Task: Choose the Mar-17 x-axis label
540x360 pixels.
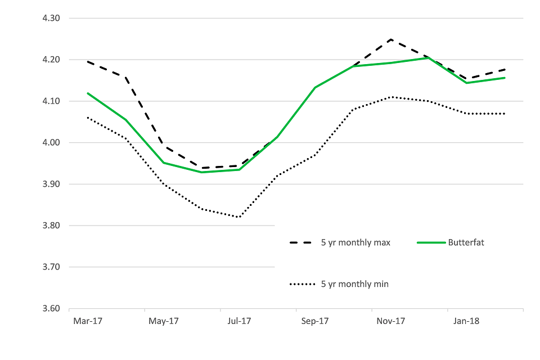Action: point(87,322)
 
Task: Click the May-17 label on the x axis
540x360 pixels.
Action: point(163,322)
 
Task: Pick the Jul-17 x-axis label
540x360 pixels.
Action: point(239,322)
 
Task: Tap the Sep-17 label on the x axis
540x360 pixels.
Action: point(315,322)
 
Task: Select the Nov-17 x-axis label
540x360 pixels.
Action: point(391,322)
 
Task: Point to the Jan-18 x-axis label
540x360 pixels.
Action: point(467,322)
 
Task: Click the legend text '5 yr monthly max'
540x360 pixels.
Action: point(355,242)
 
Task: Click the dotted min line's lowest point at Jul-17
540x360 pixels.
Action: point(239,217)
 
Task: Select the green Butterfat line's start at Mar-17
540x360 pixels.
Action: point(88,93)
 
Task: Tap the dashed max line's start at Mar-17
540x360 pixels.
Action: point(88,61)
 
